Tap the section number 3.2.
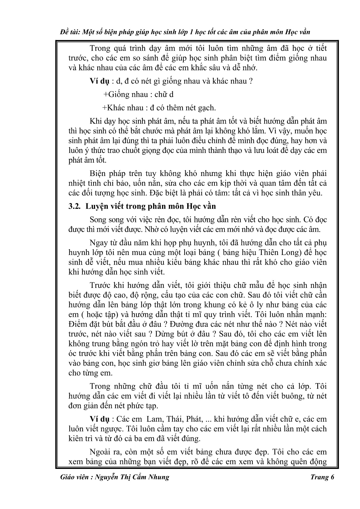[74, 206]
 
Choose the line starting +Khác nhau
[159, 108]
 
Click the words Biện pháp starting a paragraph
[103, 173]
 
